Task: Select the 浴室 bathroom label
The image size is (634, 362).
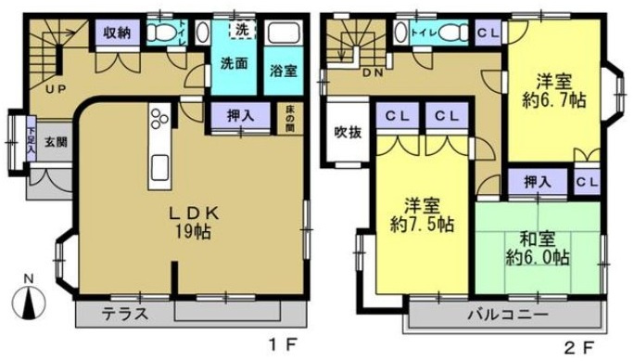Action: point(281,71)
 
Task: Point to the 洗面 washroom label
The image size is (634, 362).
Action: point(233,65)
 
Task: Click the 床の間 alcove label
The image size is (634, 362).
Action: point(289,119)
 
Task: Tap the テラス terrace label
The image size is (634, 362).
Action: point(124,313)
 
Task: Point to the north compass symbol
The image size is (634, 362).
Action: point(30,302)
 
